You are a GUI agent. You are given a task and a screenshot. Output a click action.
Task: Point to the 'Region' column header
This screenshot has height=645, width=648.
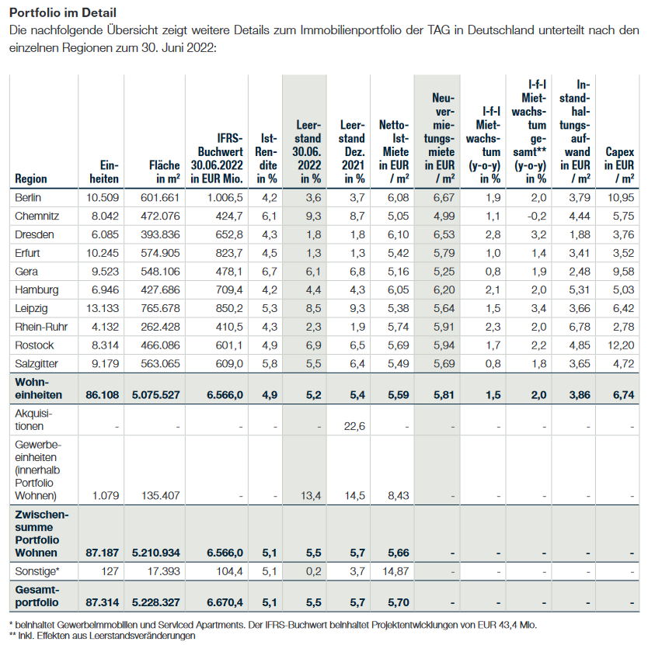[x=31, y=179]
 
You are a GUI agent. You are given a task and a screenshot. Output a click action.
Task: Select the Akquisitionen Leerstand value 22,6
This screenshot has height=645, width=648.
[x=353, y=425]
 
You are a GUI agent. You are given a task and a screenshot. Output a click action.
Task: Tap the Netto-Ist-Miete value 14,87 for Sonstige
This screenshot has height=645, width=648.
[x=395, y=571]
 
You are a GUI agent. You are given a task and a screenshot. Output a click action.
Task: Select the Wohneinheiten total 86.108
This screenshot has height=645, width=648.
[x=102, y=394]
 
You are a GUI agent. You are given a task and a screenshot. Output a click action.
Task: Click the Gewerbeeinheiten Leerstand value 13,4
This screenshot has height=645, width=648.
[x=309, y=496]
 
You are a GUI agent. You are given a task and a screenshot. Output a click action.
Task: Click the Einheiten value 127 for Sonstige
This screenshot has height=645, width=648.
[x=109, y=571]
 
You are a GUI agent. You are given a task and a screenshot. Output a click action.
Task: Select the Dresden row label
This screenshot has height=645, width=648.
[x=32, y=234]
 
